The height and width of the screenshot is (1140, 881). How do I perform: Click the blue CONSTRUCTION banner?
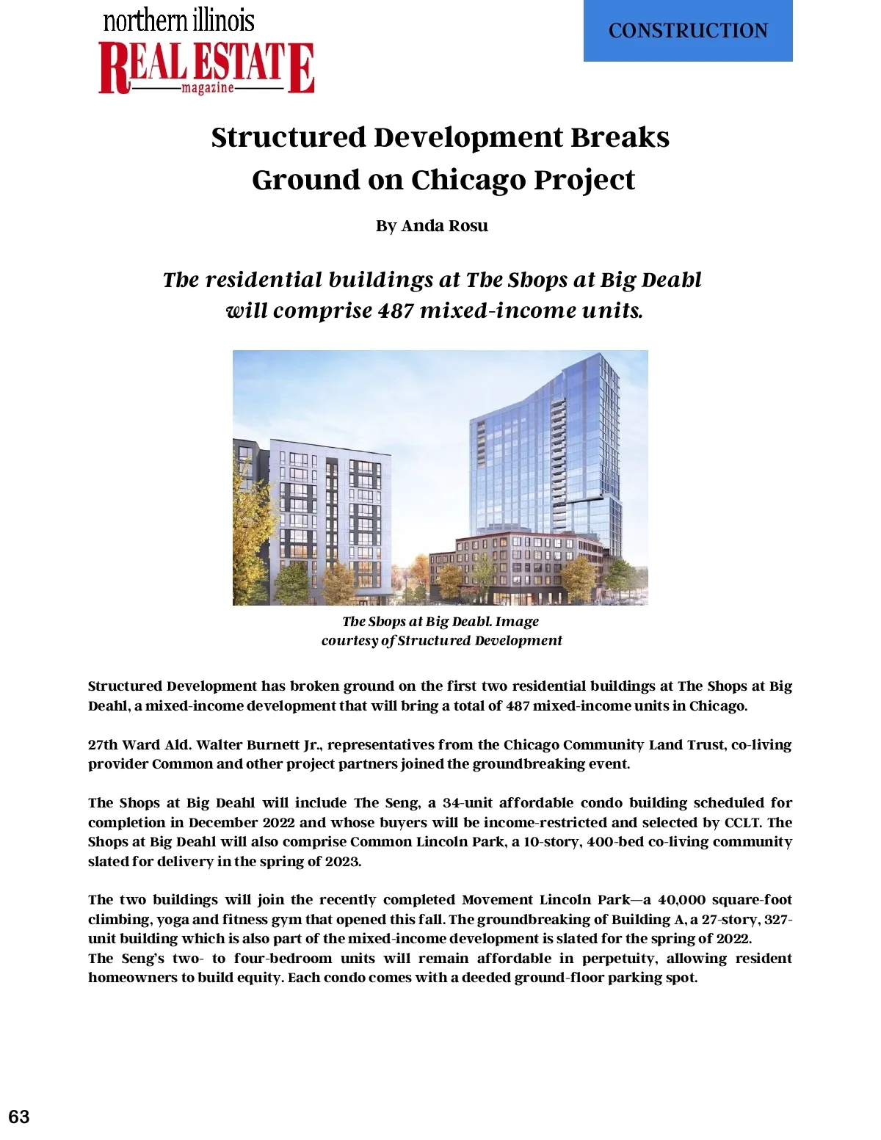coord(688,31)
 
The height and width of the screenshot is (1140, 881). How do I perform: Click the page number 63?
coord(19,1117)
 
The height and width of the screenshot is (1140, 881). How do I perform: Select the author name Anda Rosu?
coord(444,226)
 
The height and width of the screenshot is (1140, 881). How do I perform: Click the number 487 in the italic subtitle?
coord(396,311)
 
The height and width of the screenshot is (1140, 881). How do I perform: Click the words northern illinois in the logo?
coord(179,21)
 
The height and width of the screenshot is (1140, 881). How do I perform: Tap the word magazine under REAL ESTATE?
coord(208,88)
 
